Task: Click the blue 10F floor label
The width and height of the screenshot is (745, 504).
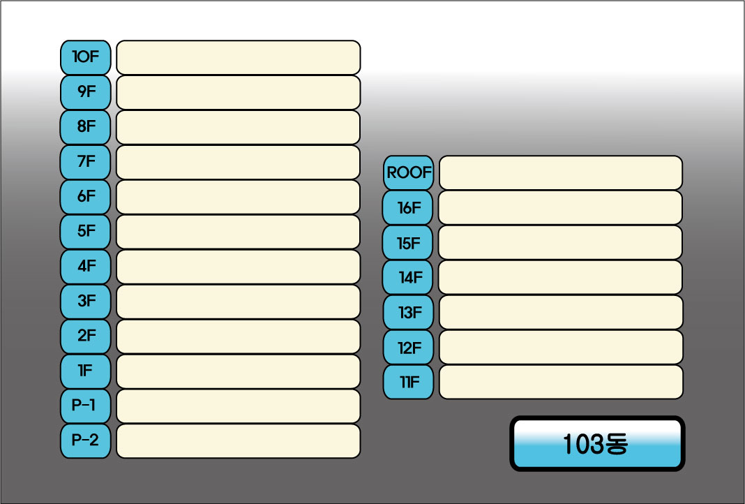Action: pyautogui.click(x=86, y=57)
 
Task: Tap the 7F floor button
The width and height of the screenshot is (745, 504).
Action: pyautogui.click(x=86, y=162)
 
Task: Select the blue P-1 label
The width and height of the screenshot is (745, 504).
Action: pyautogui.click(x=86, y=406)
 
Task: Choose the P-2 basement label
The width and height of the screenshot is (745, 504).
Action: pyautogui.click(x=86, y=441)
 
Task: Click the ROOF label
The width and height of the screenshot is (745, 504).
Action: pyautogui.click(x=409, y=172)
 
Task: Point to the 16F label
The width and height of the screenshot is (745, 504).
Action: pyautogui.click(x=408, y=207)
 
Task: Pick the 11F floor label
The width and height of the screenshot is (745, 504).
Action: pyautogui.click(x=408, y=382)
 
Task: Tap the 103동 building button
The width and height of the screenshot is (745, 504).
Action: pyautogui.click(x=597, y=444)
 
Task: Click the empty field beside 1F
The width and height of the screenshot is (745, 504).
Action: pyautogui.click(x=238, y=371)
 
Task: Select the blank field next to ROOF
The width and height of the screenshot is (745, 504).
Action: pyautogui.click(x=561, y=172)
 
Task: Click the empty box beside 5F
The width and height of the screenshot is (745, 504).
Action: pyautogui.click(x=238, y=232)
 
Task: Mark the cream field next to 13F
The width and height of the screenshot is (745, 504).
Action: pyautogui.click(x=561, y=312)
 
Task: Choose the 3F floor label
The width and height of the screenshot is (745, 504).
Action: pyautogui.click(x=86, y=302)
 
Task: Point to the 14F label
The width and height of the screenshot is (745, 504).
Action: pyautogui.click(x=408, y=277)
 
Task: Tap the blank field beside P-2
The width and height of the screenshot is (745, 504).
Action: pyautogui.click(x=238, y=441)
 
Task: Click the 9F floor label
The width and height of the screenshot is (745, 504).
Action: pyautogui.click(x=86, y=92)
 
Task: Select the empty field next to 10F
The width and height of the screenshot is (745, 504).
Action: pyautogui.click(x=238, y=57)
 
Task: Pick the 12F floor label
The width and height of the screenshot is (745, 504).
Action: pyautogui.click(x=408, y=347)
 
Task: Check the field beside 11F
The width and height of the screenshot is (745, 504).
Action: pyautogui.click(x=561, y=382)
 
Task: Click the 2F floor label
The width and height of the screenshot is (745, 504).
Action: pyautogui.click(x=86, y=336)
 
